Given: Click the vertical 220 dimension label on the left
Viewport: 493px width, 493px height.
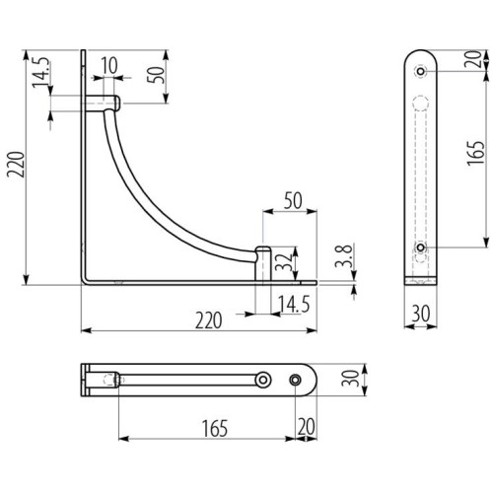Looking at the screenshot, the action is [17, 165].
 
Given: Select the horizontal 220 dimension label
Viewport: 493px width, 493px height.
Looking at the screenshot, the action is [209, 320].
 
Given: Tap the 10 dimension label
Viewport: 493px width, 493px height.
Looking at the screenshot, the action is [109, 65].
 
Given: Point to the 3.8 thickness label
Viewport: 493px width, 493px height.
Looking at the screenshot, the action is [344, 255].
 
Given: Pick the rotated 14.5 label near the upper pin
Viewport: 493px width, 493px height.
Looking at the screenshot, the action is [41, 72].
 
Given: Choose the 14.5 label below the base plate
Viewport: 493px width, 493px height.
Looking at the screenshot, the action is [294, 304].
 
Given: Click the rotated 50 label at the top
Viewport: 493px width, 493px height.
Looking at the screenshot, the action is [155, 75].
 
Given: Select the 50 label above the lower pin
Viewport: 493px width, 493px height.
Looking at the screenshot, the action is [293, 200].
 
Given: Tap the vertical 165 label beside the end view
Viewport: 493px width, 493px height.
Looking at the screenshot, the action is [476, 153].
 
